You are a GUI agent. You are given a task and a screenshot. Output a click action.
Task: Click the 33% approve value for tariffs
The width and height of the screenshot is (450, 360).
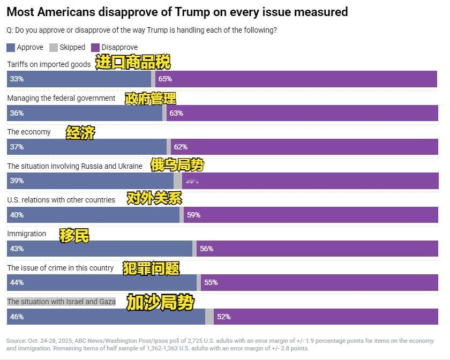tap(17, 79)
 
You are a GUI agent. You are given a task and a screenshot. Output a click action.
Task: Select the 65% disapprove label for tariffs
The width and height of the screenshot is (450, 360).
tap(165, 79)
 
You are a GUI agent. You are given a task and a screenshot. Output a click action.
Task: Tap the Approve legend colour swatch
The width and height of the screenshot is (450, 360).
tap(11, 47)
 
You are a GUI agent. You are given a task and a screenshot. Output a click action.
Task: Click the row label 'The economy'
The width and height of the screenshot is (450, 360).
tap(29, 132)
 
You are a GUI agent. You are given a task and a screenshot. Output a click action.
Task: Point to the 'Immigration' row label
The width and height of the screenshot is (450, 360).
tap(27, 234)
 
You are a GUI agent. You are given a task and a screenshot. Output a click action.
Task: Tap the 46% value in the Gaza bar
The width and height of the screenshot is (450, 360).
tap(17, 317)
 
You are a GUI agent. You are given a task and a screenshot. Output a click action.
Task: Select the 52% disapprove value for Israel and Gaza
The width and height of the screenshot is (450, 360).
tap(223, 317)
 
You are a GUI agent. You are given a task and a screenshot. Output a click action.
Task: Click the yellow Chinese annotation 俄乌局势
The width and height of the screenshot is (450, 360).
tap(177, 165)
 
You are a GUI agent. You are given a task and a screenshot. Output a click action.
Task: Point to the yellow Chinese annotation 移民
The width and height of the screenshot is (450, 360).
tap(74, 235)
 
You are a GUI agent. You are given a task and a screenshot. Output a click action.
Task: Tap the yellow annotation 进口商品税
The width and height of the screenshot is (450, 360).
tap(133, 63)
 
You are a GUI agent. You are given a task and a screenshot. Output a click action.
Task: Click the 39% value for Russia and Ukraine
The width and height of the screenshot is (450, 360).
tap(17, 181)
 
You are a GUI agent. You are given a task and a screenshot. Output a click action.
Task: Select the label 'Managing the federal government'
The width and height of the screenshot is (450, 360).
tap(61, 98)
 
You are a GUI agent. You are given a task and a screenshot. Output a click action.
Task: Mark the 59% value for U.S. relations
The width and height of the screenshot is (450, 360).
tap(193, 215)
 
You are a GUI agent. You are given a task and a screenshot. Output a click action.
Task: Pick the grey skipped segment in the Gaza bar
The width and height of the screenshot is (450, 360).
tap(209, 317)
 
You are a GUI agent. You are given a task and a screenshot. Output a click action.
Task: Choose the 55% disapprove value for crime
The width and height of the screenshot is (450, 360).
tap(211, 282)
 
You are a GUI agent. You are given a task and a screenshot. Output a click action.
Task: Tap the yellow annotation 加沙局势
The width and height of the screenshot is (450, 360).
tap(160, 303)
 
